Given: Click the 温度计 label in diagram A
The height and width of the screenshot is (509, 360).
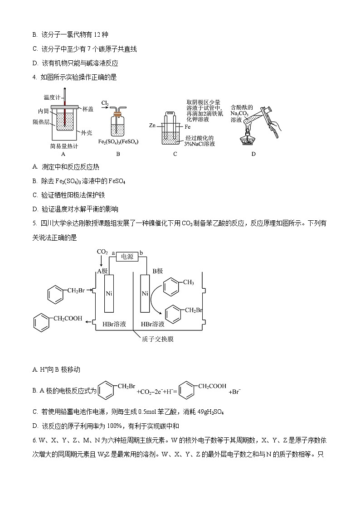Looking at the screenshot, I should point(52,97).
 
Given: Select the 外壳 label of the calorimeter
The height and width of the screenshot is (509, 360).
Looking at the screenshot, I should point(87,133).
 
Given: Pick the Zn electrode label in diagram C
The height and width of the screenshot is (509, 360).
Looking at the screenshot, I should point(153,125).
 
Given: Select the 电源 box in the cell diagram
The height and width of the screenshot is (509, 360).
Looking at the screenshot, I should point(127,257).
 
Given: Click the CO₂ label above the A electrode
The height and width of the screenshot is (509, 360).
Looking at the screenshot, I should point(102,252).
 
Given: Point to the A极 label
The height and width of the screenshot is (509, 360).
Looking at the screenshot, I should point(102,271).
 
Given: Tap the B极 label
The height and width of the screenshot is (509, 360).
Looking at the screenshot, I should point(157,271).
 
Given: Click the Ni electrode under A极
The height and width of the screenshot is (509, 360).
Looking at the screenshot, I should point(109,293).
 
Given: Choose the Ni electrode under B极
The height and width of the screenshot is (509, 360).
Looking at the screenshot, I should point(145,293).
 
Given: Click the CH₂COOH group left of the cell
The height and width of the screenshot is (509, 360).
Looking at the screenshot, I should point(68,319).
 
